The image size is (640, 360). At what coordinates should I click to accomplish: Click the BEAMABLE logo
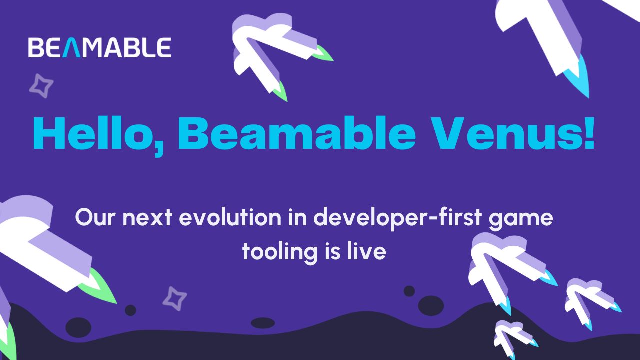point(99,47)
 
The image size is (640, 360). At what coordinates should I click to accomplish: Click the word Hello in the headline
point(97,133)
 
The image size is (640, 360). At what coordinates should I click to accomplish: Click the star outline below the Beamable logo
point(41,85)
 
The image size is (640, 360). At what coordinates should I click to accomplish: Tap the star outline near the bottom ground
point(174,298)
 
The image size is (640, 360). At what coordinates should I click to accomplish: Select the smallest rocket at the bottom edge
point(512,337)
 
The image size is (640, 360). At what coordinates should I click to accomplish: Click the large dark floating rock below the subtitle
point(431,305)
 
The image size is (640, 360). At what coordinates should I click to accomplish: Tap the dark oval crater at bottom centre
point(263,323)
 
